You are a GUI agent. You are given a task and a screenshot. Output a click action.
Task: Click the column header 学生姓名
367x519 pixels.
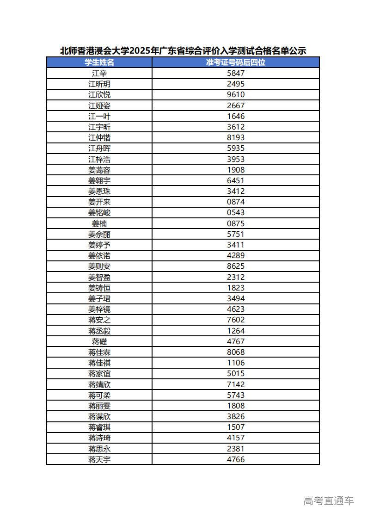pos(99,62)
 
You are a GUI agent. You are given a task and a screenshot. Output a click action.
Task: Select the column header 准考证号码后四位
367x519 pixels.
pos(236,62)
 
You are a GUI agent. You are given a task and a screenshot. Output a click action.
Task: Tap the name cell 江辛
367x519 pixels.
pos(99,73)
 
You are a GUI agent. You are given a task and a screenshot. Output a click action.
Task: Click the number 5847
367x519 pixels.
pos(236,73)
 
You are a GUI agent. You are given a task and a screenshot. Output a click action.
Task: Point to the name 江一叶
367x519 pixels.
pos(99,116)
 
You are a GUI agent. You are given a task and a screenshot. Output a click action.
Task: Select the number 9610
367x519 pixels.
pos(236,95)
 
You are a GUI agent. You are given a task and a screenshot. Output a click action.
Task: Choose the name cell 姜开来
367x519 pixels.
pos(99,202)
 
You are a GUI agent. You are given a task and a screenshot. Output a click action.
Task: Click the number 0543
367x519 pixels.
pos(236,213)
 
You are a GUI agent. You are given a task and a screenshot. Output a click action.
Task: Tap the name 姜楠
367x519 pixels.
pos(99,223)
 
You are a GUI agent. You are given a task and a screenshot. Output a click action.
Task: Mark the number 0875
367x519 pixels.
pos(236,223)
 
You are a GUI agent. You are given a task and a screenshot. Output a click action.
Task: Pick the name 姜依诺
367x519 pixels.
pos(99,256)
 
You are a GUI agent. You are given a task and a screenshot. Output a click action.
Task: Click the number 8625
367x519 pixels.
pos(236,266)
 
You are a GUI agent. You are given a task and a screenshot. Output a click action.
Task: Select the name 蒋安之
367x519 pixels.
pos(99,320)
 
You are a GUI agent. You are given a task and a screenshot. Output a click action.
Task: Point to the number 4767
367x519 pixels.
pos(236,342)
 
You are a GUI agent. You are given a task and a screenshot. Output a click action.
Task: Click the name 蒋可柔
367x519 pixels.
pos(99,395)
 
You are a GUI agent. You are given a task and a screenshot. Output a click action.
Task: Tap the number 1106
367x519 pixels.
pos(236,363)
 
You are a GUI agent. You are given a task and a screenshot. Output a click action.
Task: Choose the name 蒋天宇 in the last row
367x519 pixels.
pos(99,460)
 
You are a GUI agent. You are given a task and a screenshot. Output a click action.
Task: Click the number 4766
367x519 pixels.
pos(236,460)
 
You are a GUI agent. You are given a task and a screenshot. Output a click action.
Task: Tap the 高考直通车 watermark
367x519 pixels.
pos(328,500)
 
